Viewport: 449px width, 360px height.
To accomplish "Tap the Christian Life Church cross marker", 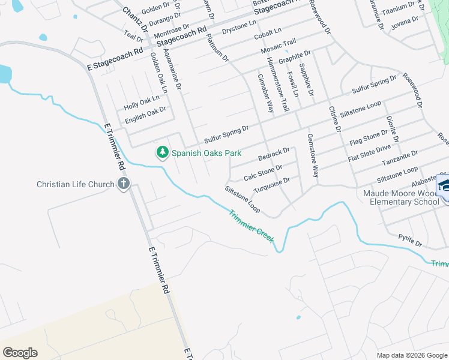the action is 124,184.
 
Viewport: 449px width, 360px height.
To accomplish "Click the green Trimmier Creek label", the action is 251,226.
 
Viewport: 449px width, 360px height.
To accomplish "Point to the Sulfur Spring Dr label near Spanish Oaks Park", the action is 226,134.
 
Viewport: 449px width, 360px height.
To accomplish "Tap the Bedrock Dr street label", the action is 274,154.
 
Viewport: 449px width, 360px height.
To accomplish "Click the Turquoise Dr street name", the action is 272,185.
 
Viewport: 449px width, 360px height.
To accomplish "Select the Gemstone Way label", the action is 313,155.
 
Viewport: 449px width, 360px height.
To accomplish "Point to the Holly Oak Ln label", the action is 142,101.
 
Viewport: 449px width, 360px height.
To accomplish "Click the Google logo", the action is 20,353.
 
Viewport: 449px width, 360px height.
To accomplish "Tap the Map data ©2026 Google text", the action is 412,355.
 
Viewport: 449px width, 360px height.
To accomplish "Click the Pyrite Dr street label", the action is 411,241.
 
